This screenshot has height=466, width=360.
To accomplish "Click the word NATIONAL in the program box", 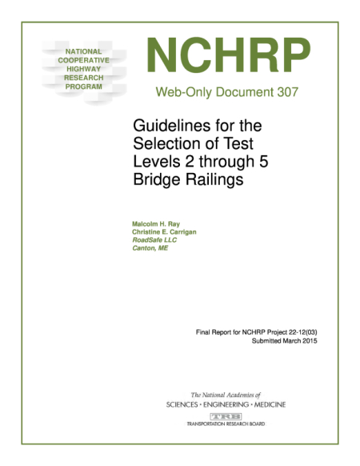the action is (78, 51).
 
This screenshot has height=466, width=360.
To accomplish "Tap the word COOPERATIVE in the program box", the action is (78, 60).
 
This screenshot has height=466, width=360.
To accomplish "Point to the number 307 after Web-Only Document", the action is (286, 91).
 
